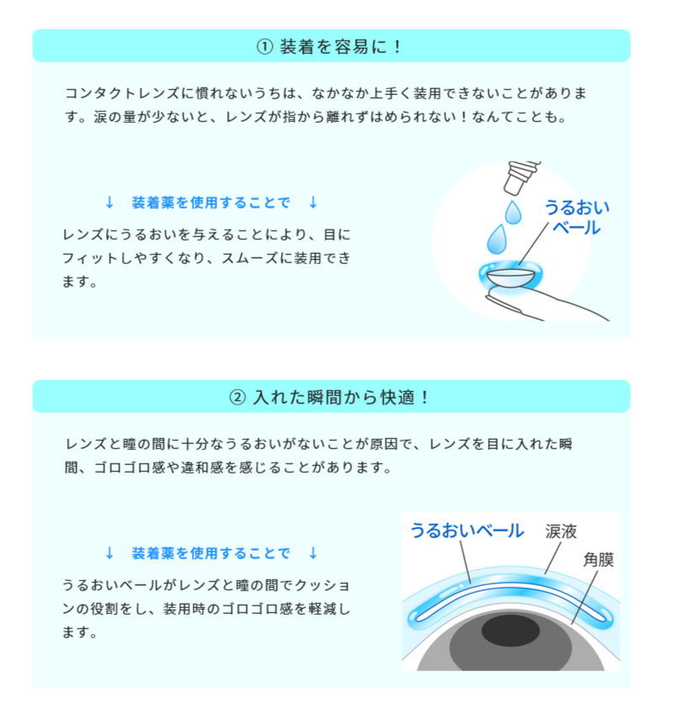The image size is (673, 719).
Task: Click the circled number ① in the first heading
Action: tap(265, 46)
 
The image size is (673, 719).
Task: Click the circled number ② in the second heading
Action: tap(238, 397)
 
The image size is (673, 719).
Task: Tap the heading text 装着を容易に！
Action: tap(342, 46)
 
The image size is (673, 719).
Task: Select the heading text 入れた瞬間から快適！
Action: tap(342, 397)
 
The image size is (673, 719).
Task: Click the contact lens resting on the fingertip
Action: tap(509, 274)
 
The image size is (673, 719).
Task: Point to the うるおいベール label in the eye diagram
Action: tap(467, 530)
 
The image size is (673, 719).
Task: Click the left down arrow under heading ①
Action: tap(109, 203)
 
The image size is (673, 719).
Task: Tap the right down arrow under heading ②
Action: tap(313, 552)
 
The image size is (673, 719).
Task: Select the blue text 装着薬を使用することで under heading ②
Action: tap(210, 552)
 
